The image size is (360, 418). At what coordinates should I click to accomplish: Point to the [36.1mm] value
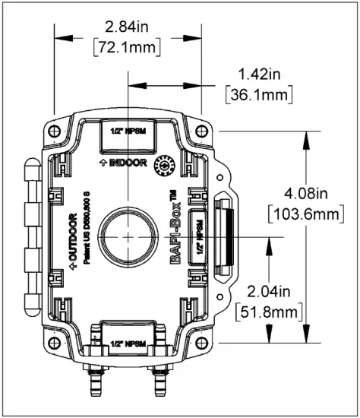pos(258,96)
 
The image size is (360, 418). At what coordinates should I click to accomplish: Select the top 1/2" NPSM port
pos(128,133)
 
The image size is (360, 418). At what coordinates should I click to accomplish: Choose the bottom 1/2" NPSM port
pos(128,342)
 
